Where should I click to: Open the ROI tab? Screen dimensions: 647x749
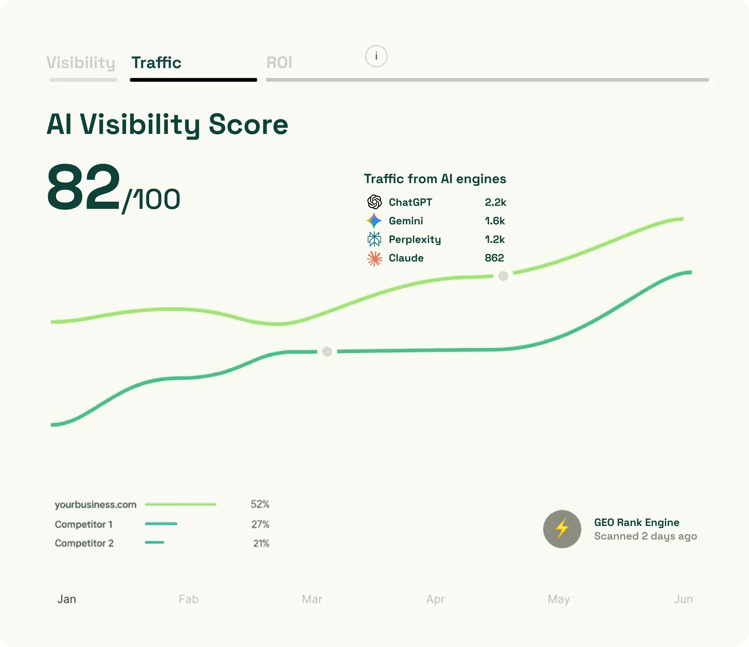(279, 63)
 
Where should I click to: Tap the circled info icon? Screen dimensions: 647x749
(376, 56)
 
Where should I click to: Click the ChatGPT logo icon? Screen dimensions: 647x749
(374, 202)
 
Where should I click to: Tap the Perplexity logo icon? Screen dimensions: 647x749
(374, 239)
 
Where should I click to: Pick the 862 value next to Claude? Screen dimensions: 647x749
(494, 258)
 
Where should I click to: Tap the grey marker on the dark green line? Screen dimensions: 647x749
(327, 351)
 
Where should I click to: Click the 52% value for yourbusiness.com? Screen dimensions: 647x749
(260, 504)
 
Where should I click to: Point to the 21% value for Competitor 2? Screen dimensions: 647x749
(261, 543)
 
